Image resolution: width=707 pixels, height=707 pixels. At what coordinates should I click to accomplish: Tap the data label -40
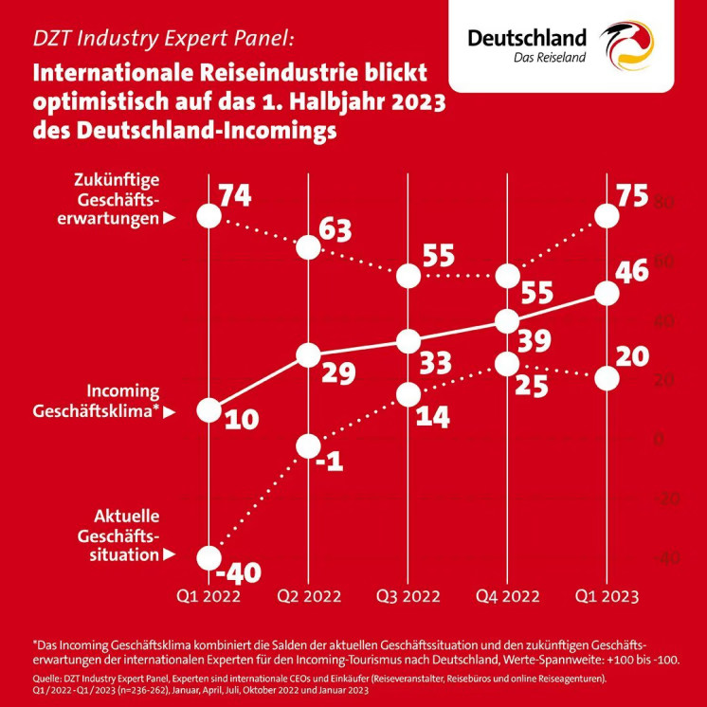point(238,573)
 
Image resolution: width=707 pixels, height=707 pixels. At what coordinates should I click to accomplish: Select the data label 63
point(335,229)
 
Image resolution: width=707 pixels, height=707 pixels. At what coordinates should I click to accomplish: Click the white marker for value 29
point(308,355)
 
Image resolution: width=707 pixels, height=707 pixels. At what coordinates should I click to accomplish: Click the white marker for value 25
point(508,363)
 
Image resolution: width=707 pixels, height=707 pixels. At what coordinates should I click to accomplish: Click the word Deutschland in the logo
point(527,37)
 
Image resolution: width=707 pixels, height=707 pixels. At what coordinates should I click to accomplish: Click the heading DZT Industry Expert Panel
point(157,40)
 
